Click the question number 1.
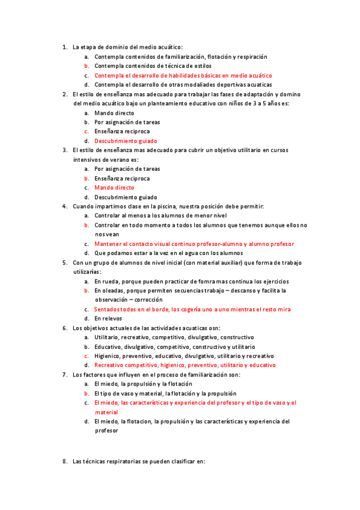click(64, 47)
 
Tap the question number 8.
click(64, 462)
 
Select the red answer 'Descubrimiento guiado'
click(123, 141)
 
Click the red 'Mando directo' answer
click(114, 188)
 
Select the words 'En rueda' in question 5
click(106, 281)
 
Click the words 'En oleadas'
click(109, 290)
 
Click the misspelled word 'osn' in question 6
click(214, 328)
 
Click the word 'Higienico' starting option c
click(108, 356)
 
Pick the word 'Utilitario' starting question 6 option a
click(108, 337)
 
